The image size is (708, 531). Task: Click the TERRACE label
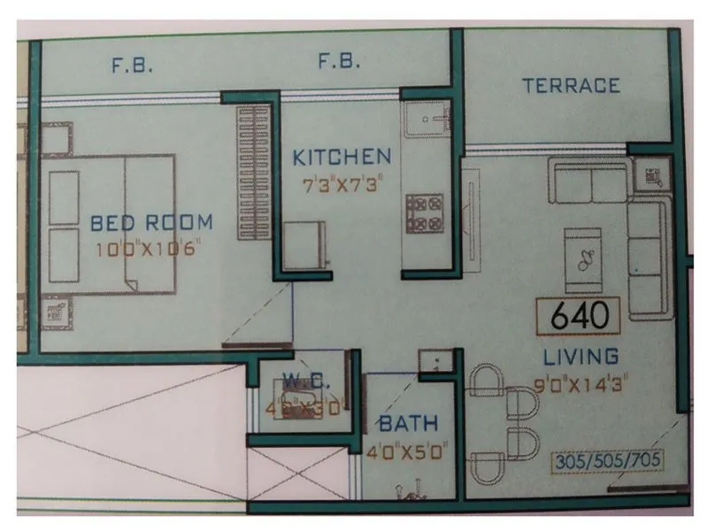pyautogui.click(x=570, y=86)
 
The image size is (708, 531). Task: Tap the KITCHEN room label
pyautogui.click(x=342, y=158)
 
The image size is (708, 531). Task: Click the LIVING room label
pyautogui.click(x=581, y=357)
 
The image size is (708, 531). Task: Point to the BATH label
pyautogui.click(x=408, y=424)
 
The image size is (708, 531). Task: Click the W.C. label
pyautogui.click(x=306, y=382)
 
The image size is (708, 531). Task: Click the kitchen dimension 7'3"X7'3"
pyautogui.click(x=342, y=187)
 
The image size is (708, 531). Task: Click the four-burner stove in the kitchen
pyautogui.click(x=425, y=212)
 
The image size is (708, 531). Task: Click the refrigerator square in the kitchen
pyautogui.click(x=305, y=244)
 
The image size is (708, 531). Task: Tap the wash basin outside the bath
pyautogui.click(x=435, y=361)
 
